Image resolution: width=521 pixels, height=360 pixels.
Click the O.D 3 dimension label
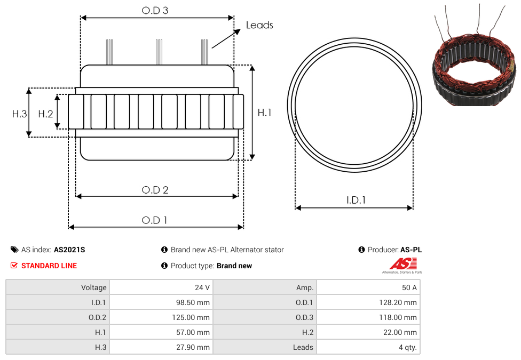pyautogui.click(x=155, y=11)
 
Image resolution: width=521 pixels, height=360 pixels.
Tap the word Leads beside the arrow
pyautogui.click(x=259, y=25)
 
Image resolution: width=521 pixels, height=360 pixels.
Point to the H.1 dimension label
pyautogui.click(x=264, y=113)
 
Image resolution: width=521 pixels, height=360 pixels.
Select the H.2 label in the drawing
pyautogui.click(x=45, y=114)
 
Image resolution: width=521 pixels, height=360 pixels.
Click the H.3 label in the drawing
pyautogui.click(x=19, y=114)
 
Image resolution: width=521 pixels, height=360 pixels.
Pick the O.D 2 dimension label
pyautogui.click(x=155, y=190)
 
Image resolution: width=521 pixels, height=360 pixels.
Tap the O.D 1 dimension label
pyautogui.click(x=154, y=220)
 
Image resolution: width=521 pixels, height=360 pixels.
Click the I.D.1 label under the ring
pyautogui.click(x=356, y=200)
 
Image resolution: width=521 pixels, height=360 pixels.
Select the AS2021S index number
pyautogui.click(x=69, y=250)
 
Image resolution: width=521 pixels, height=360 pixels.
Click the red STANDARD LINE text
pyautogui.click(x=49, y=266)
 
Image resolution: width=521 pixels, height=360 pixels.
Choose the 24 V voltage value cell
pyautogui.click(x=162, y=287)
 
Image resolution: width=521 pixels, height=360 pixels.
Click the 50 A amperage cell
pyautogui.click(x=368, y=287)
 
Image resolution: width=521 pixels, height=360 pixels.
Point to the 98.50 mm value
pyautogui.click(x=193, y=302)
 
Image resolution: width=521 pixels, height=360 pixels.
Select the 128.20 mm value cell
pyautogui.click(x=368, y=302)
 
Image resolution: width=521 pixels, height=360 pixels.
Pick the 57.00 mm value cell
pyautogui.click(x=162, y=332)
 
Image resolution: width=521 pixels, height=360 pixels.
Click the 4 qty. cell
pyautogui.click(x=368, y=347)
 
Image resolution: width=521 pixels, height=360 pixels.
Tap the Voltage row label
pyautogui.click(x=94, y=287)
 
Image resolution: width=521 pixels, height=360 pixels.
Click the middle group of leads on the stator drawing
pyautogui.click(x=159, y=52)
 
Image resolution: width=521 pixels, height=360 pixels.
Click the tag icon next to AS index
pyautogui.click(x=14, y=250)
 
